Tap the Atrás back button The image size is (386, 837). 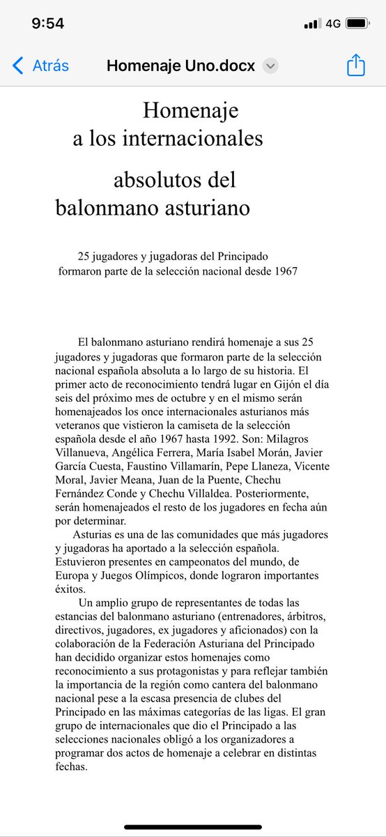[x=41, y=66]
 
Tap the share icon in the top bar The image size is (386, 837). [x=356, y=66]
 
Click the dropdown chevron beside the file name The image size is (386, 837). [x=271, y=66]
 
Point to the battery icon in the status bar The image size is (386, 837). [x=357, y=23]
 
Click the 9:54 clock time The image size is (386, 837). [x=48, y=23]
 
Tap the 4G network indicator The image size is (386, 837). [x=333, y=23]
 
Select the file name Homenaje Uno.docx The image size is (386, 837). [x=180, y=66]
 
